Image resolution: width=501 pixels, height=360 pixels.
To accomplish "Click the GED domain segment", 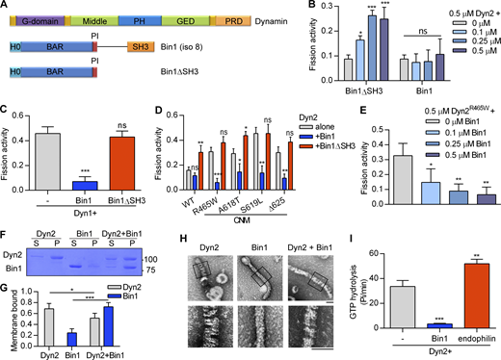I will (183, 18).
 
